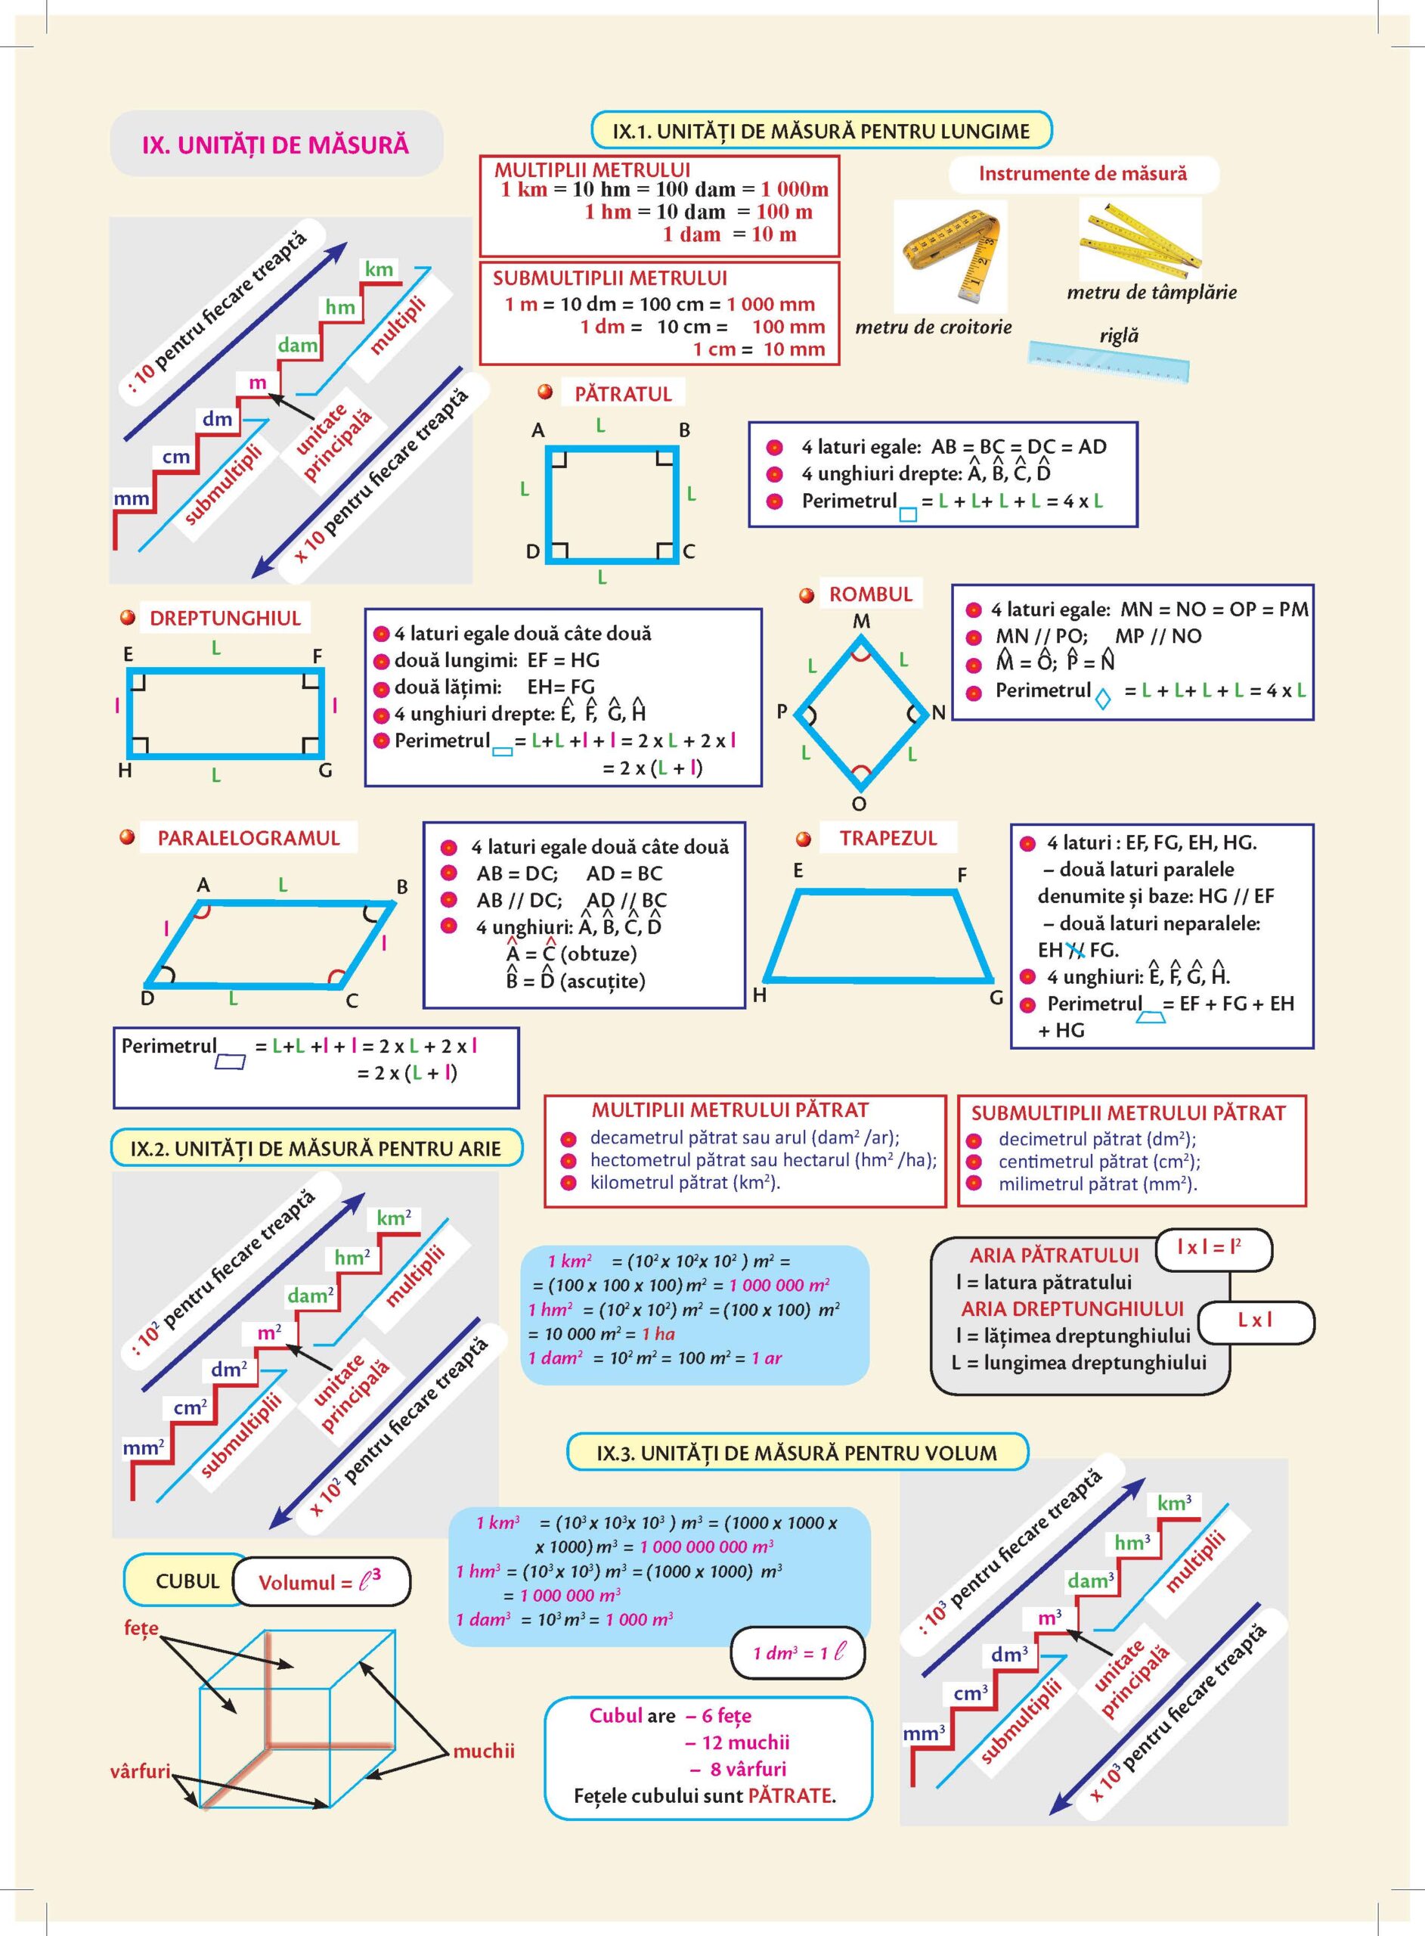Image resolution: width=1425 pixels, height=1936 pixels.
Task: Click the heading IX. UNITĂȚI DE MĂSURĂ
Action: [x=275, y=144]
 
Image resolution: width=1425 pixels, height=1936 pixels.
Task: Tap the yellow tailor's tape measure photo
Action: [x=949, y=256]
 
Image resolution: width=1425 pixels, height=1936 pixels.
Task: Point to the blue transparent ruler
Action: [x=1108, y=361]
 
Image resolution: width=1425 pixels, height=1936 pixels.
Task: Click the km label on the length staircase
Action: [x=379, y=269]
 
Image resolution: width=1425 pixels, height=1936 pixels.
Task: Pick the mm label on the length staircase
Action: [x=131, y=498]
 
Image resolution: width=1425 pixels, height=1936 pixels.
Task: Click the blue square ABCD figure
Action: [x=612, y=504]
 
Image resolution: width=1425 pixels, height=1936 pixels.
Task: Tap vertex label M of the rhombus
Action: [x=861, y=621]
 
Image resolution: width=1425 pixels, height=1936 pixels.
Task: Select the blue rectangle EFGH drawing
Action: [x=225, y=712]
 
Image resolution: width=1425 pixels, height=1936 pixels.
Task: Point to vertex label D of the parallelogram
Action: [x=147, y=998]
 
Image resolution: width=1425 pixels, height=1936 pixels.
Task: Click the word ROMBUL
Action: [x=870, y=594]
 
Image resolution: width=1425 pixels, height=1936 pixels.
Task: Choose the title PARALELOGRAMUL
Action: [x=249, y=838]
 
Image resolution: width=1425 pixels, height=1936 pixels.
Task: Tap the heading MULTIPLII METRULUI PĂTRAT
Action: [x=730, y=1109]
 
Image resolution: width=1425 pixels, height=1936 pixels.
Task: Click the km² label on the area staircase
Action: [x=393, y=1218]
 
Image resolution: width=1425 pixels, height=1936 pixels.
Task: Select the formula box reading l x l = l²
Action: [x=1213, y=1249]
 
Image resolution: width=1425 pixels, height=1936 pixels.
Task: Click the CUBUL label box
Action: [x=187, y=1581]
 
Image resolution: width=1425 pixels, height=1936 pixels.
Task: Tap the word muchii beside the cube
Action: [x=483, y=1751]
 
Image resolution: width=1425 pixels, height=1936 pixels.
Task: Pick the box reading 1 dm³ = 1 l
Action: [x=797, y=1652]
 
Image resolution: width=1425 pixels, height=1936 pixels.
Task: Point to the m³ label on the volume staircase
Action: [x=1049, y=1618]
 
